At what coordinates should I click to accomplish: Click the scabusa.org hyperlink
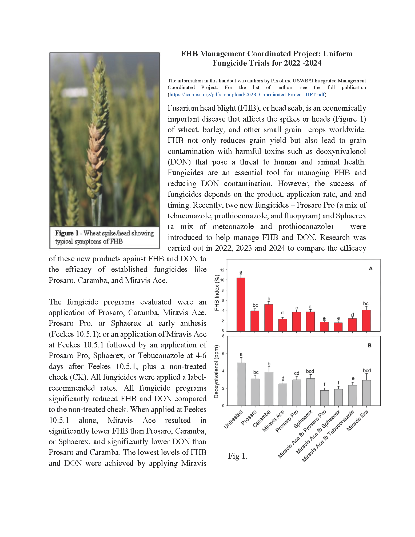pos(247,94)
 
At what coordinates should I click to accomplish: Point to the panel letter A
pos(370,268)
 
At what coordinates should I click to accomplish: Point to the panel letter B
pos(369,345)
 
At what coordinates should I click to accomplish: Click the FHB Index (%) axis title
pos(217,293)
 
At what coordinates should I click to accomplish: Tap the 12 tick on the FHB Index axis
pos(222,270)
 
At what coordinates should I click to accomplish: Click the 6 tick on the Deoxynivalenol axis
pos(223,354)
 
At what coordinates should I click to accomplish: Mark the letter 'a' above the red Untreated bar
pos(241,272)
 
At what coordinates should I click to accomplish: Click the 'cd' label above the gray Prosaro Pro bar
pos(297,373)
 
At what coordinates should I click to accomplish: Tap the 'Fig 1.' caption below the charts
pos(237,456)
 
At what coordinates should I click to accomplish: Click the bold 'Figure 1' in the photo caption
pos(67,233)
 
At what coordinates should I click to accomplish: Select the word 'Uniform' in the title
pos(338,54)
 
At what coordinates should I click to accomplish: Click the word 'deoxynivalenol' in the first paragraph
pos(341,151)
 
